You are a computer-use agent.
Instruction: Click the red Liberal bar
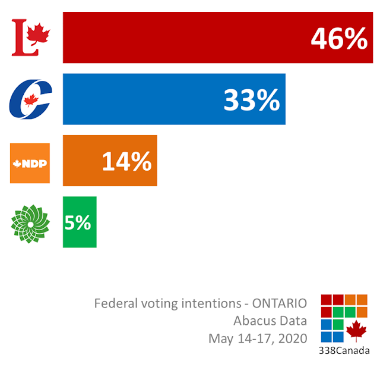click(178, 37)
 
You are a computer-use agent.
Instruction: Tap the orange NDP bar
click(83, 161)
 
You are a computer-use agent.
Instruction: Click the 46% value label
click(339, 40)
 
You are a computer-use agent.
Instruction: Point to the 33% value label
click(252, 101)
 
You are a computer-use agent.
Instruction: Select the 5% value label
click(78, 222)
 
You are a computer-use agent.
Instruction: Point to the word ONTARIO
click(280, 303)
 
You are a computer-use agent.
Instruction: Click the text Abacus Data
click(270, 321)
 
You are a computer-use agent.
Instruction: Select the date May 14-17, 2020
click(258, 339)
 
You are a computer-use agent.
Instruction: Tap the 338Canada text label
click(344, 350)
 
